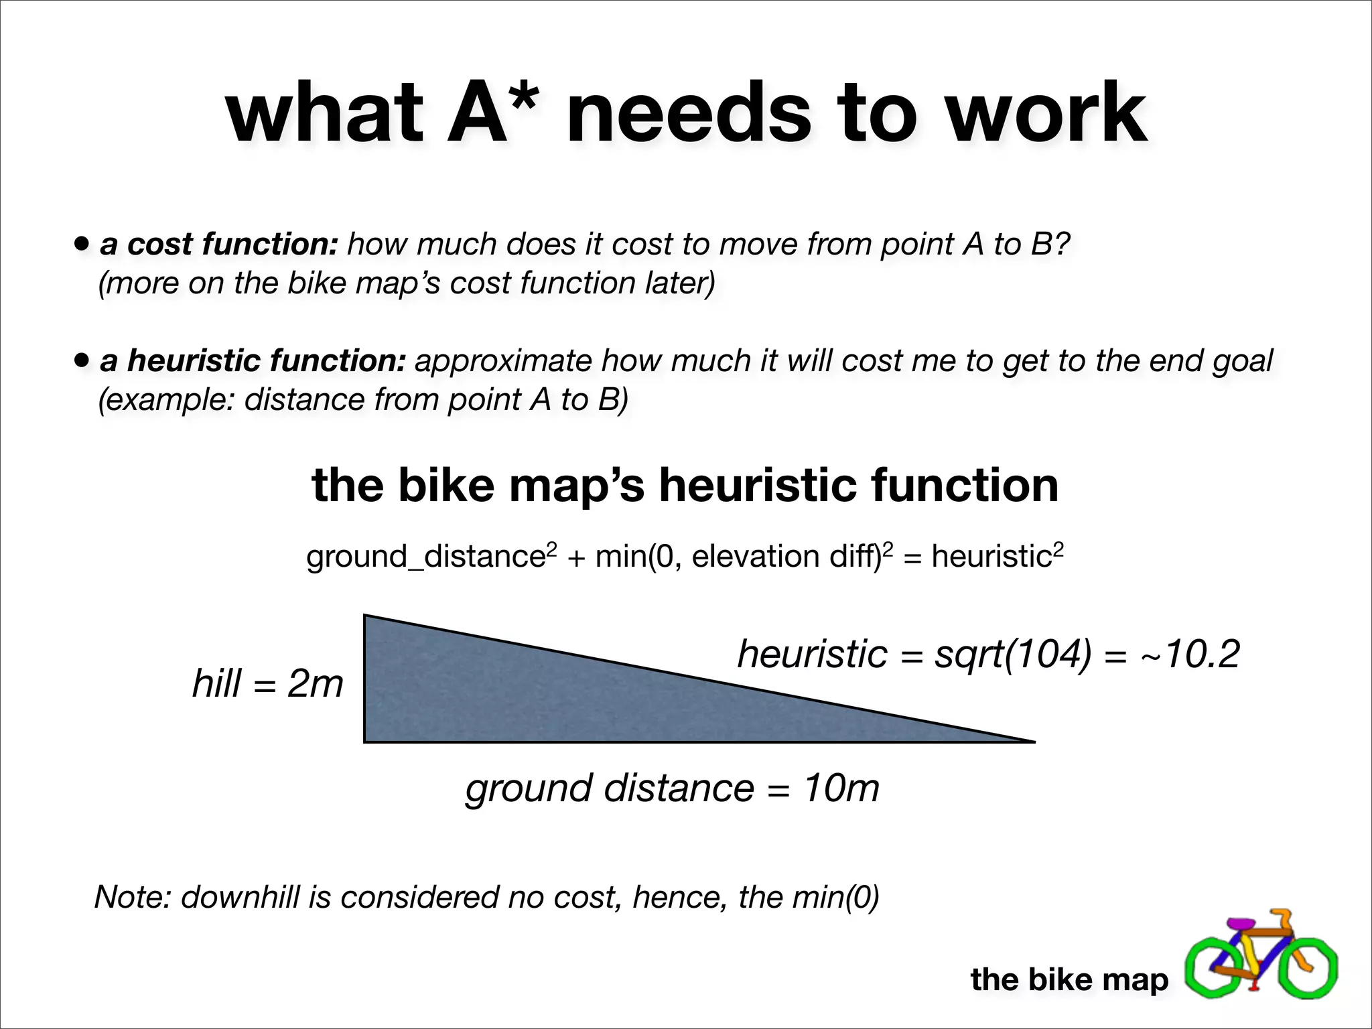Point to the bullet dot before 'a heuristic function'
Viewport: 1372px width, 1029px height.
(x=82, y=360)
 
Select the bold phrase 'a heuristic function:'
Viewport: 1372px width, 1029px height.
(x=253, y=360)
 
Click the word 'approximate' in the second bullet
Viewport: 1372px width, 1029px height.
(x=502, y=362)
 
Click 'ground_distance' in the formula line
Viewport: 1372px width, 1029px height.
(x=426, y=557)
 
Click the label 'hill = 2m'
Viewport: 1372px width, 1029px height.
(x=267, y=683)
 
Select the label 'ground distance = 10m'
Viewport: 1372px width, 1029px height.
(x=672, y=788)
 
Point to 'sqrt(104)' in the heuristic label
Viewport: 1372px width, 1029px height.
(x=1012, y=654)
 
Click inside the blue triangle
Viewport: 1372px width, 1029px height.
(x=536, y=697)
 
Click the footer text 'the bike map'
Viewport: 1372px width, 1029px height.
(x=1069, y=979)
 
